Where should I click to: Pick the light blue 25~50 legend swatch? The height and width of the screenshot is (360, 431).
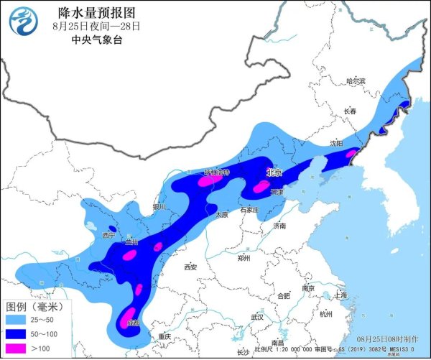(19, 318)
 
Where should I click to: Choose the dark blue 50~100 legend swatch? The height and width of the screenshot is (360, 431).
(19, 333)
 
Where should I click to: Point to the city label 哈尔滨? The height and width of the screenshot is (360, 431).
(356, 82)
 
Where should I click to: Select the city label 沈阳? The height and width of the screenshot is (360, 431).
(336, 144)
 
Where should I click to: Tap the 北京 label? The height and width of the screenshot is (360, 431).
(274, 173)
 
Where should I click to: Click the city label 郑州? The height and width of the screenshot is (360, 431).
(245, 256)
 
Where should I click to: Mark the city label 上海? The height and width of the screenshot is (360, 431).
(340, 295)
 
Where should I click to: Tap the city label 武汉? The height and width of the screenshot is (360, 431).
(258, 316)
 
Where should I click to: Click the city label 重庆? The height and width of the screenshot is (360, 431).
(164, 336)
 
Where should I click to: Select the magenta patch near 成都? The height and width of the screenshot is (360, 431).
(128, 315)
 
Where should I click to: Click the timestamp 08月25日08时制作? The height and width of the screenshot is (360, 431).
(387, 338)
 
